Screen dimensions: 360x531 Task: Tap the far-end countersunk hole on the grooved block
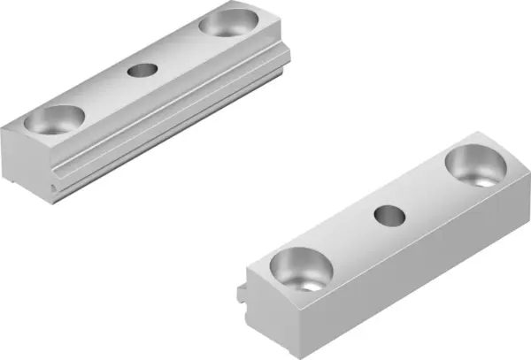(x=226, y=21)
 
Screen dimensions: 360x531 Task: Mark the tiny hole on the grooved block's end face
(x=55, y=188)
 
